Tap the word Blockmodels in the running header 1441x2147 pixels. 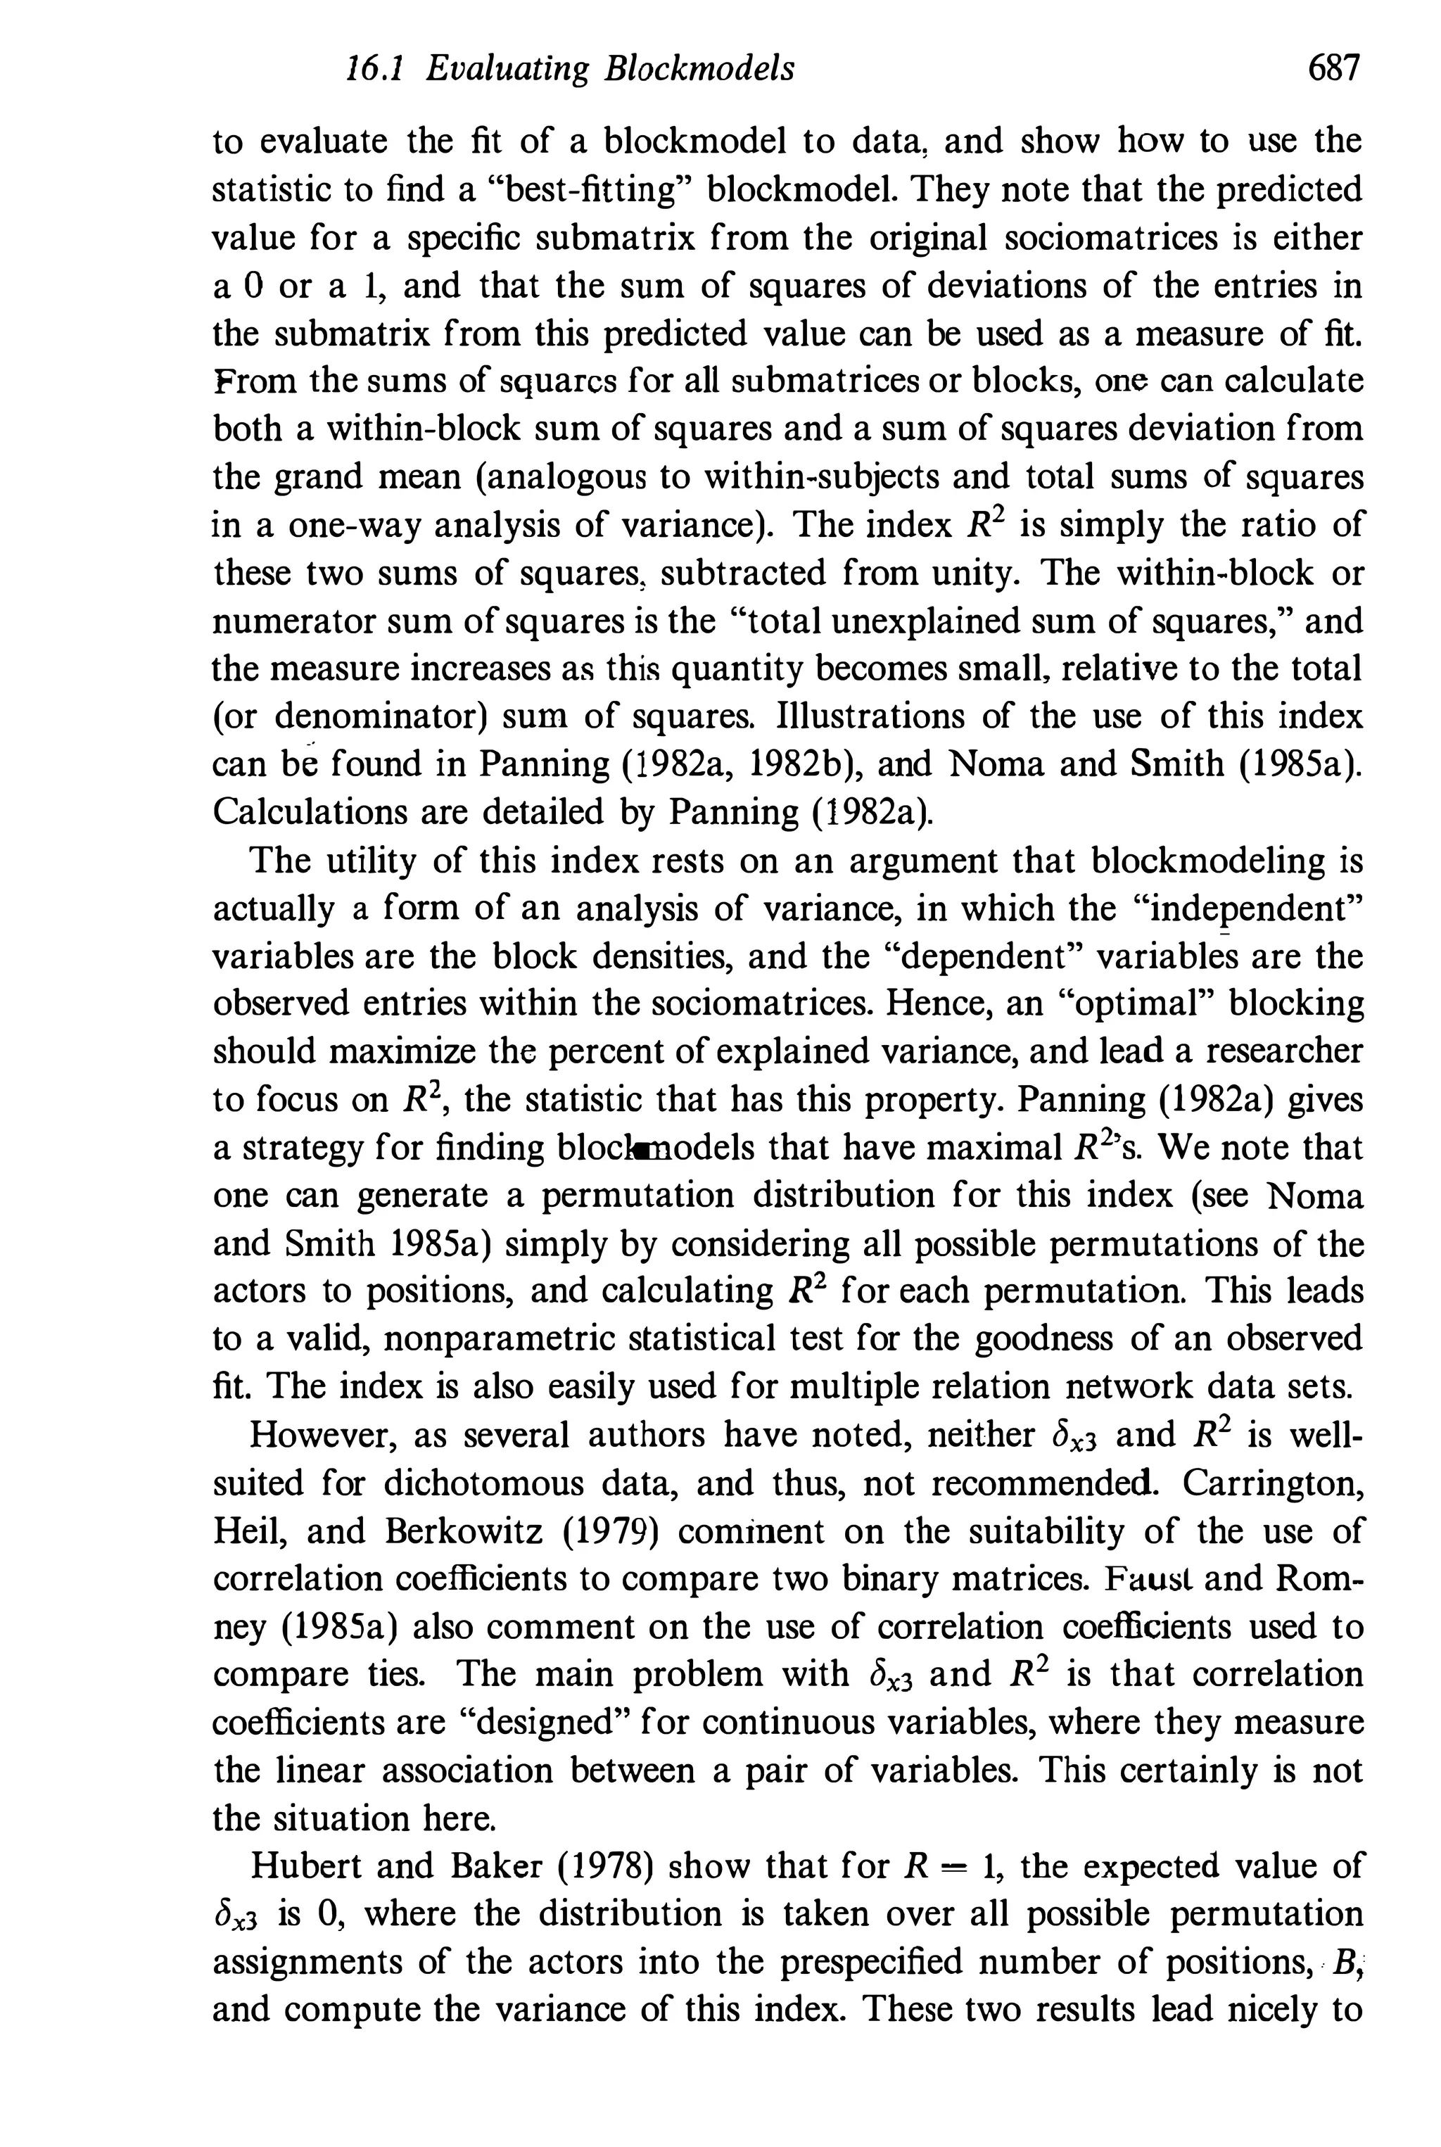point(699,70)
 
